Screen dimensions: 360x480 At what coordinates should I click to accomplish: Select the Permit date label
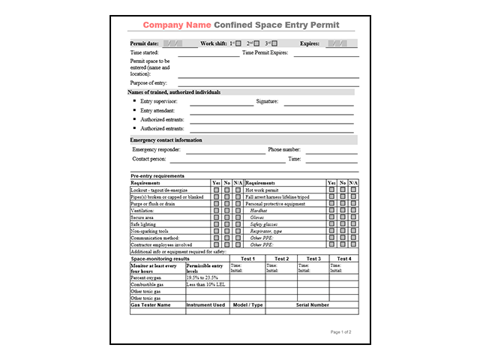(x=145, y=43)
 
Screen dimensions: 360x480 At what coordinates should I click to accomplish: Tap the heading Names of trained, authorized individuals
(x=174, y=92)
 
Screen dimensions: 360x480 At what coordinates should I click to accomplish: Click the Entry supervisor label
(x=158, y=101)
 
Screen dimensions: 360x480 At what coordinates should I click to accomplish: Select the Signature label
(x=267, y=101)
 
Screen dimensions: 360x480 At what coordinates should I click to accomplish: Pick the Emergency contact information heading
(x=166, y=140)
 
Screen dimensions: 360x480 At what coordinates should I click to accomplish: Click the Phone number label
(x=284, y=150)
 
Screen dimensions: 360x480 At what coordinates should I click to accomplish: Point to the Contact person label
(x=149, y=160)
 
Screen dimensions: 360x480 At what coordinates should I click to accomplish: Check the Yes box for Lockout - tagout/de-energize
(x=216, y=190)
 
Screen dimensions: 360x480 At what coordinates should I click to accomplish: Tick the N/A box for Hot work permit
(x=353, y=190)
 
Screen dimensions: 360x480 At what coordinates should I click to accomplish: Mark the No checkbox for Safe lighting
(x=226, y=224)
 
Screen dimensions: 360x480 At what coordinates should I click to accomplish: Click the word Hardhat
(x=259, y=211)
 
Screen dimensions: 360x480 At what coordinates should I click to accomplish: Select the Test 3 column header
(x=313, y=259)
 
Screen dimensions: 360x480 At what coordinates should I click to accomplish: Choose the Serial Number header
(x=312, y=305)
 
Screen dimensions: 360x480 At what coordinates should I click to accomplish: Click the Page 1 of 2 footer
(x=340, y=331)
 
